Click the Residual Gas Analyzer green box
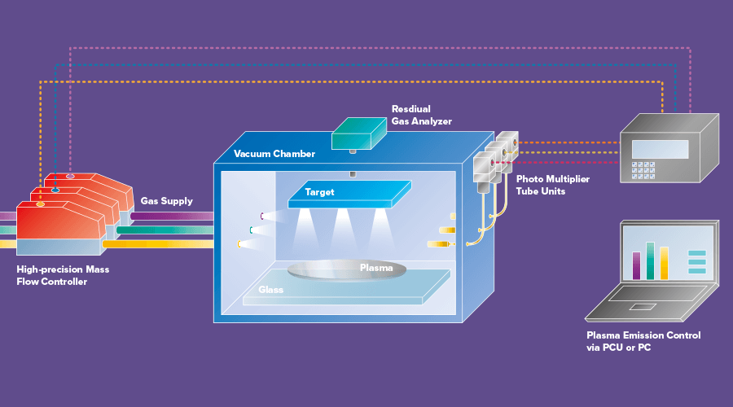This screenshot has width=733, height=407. tap(359, 133)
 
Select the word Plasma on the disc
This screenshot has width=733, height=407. tap(376, 267)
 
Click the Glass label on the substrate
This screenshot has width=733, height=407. tap(270, 290)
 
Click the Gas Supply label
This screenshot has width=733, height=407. tap(166, 201)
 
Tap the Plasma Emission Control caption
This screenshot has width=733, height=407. tap(643, 341)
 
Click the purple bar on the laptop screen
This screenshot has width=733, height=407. tap(637, 265)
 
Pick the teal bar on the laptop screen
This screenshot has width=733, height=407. tap(650, 260)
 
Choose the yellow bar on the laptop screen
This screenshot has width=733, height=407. tap(664, 262)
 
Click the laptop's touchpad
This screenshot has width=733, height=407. tap(644, 306)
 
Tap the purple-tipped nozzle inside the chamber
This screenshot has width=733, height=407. tap(264, 217)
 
